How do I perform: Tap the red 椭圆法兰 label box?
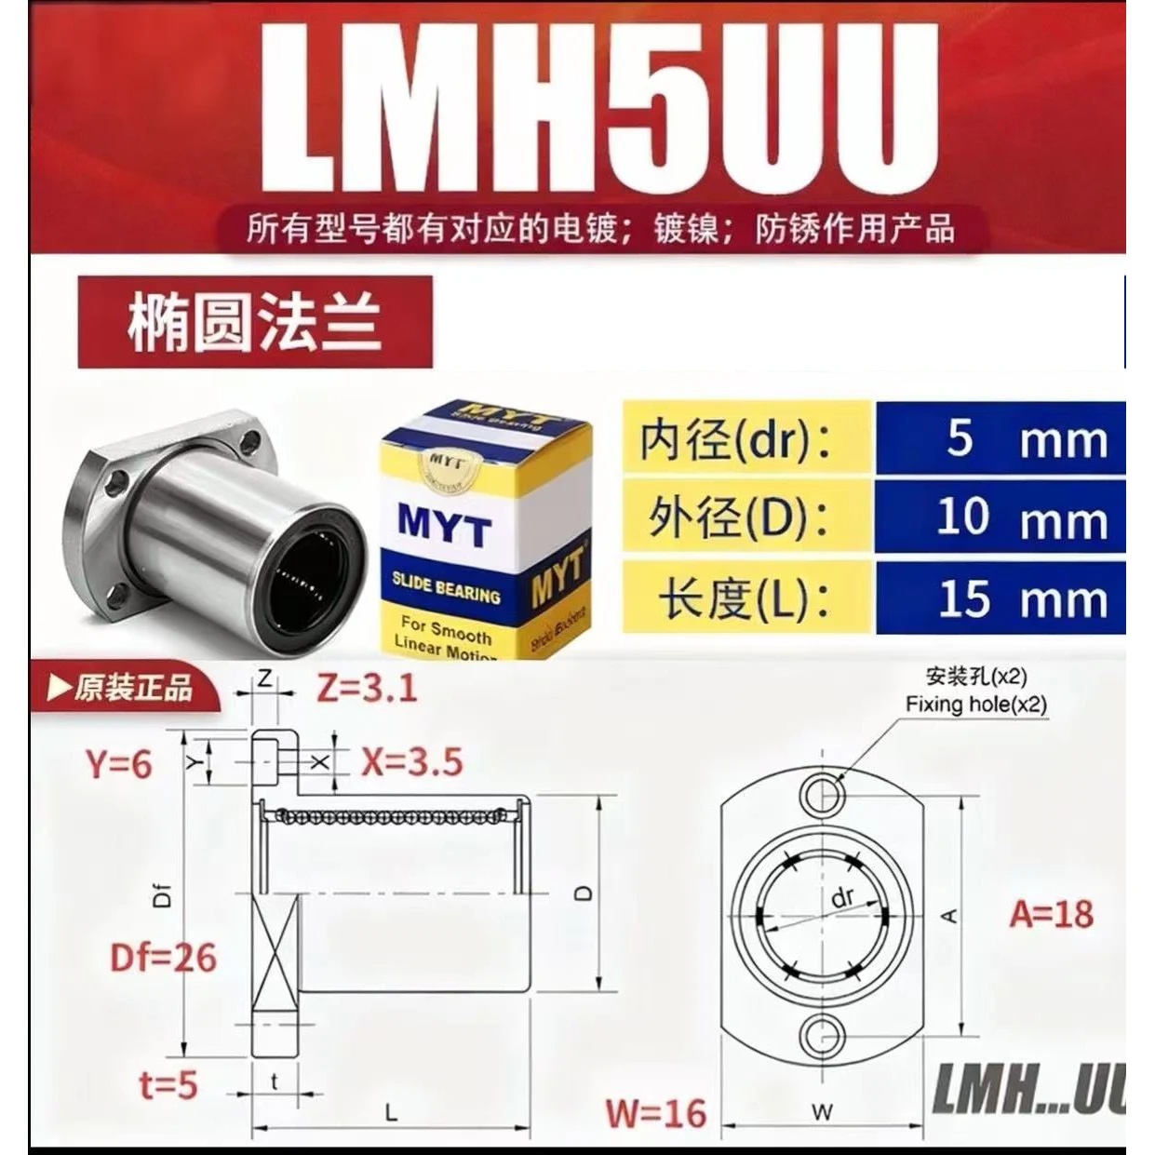[255, 322]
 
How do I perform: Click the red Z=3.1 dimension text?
[367, 689]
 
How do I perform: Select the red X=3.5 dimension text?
[411, 762]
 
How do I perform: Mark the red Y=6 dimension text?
[118, 765]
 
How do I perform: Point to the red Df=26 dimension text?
[163, 958]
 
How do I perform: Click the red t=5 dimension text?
[168, 1085]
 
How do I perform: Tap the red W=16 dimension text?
[656, 1113]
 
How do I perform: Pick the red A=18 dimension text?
[1052, 914]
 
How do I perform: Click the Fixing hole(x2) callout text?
[975, 705]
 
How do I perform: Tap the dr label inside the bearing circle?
[842, 898]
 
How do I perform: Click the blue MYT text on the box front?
[444, 528]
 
